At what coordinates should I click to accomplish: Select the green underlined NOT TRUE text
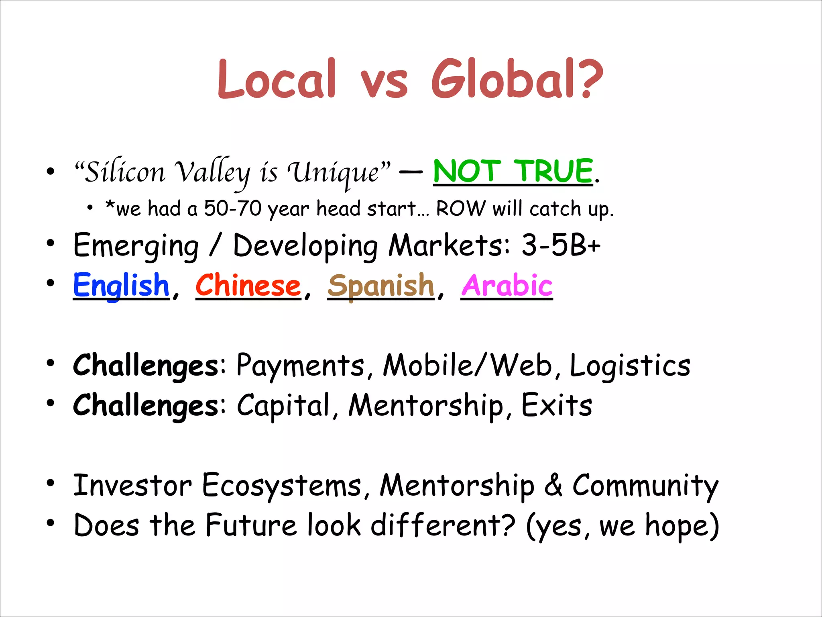(513, 171)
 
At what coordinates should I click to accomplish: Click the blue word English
(121, 285)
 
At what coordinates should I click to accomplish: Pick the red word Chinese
(248, 285)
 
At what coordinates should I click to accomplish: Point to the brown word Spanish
(380, 285)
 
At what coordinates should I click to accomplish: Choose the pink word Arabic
(507, 285)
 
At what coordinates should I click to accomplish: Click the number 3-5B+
(561, 245)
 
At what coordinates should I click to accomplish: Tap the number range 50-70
(233, 209)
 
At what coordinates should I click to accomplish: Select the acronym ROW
(460, 209)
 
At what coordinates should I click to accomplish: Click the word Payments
(300, 366)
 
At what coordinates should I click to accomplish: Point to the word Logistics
(630, 366)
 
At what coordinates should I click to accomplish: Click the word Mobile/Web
(468, 366)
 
